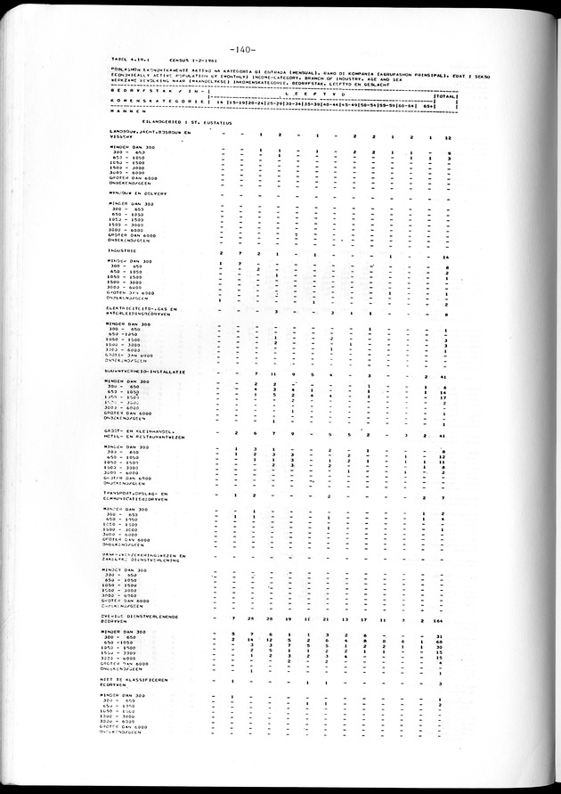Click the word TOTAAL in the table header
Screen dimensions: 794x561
pyautogui.click(x=447, y=94)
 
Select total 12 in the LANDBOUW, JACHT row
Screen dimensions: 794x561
pyautogui.click(x=449, y=138)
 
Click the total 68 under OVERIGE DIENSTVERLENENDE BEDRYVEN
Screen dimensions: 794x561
pyautogui.click(x=441, y=641)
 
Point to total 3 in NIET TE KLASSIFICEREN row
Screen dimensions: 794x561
pyautogui.click(x=441, y=684)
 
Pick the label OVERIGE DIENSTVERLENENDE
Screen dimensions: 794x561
pyautogui.click(x=142, y=615)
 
